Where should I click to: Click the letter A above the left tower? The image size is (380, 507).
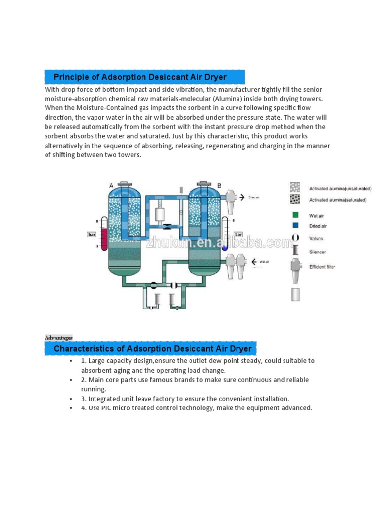click(x=111, y=185)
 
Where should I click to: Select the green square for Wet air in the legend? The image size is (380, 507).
click(x=295, y=215)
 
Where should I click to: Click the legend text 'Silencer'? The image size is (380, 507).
click(x=318, y=252)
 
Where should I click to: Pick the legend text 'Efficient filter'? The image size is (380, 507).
click(x=322, y=267)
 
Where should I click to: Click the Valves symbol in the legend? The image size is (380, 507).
click(x=295, y=238)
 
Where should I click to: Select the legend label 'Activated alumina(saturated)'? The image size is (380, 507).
click(x=338, y=200)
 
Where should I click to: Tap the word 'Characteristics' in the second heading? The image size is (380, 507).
click(x=85, y=349)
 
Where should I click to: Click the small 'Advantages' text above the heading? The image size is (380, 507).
click(x=58, y=338)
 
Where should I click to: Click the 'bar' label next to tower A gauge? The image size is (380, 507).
click(x=92, y=235)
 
